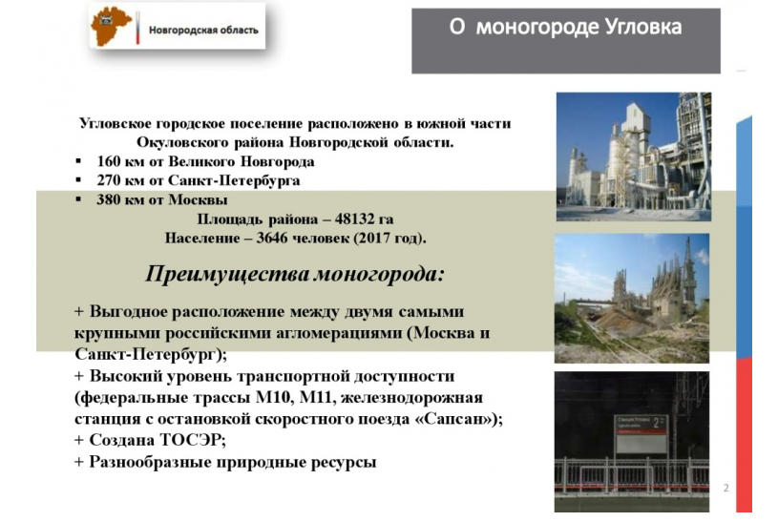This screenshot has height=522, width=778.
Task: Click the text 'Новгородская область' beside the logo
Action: click(x=203, y=31)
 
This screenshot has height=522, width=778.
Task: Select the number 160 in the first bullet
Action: click(x=109, y=162)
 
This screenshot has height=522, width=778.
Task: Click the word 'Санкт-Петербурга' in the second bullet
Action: click(x=234, y=180)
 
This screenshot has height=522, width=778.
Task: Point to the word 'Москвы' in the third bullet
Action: click(x=198, y=200)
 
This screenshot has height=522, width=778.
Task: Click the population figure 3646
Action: click(x=272, y=239)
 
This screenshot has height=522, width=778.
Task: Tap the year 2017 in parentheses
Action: click(x=373, y=239)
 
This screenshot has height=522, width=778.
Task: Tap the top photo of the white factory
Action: click(x=634, y=157)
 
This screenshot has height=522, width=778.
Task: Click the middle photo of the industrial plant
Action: click(x=632, y=298)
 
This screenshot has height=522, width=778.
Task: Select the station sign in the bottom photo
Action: click(x=641, y=432)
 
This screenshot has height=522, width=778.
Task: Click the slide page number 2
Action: click(x=725, y=488)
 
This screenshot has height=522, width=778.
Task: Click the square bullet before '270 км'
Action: click(x=78, y=180)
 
